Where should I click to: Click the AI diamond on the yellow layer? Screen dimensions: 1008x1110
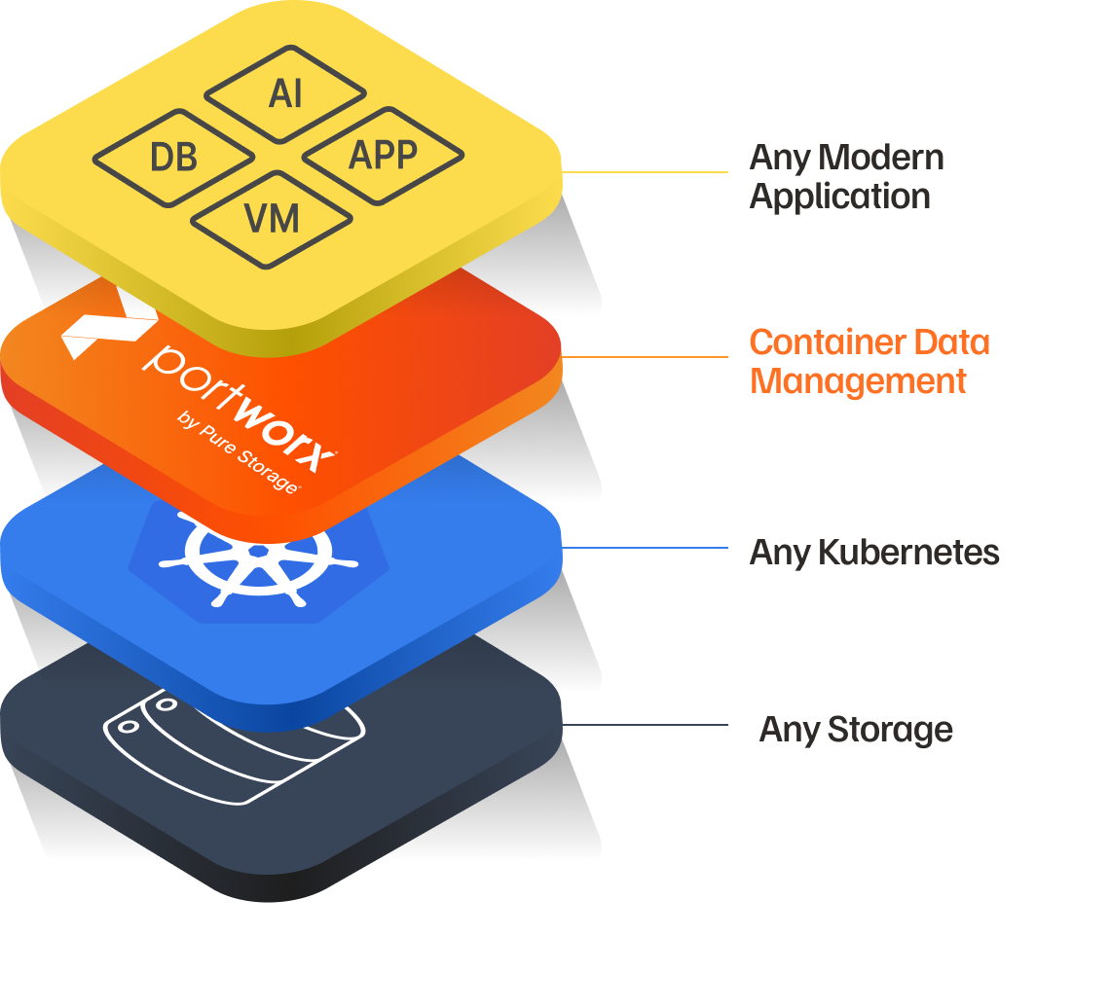(285, 94)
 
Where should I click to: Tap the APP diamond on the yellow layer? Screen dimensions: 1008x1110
(383, 155)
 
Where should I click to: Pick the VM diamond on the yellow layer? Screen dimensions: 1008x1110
(272, 219)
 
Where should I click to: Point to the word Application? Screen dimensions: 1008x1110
(839, 197)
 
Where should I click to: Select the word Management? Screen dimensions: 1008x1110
(858, 380)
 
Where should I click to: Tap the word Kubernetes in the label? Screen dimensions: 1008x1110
(908, 553)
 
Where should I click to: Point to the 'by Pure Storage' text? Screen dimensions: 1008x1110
(238, 451)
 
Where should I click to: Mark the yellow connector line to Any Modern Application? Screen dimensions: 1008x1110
(645, 172)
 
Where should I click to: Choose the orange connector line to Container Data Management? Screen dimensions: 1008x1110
(645, 357)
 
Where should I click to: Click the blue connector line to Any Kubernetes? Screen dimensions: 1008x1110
(645, 548)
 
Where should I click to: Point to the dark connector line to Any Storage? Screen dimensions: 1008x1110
(645, 725)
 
